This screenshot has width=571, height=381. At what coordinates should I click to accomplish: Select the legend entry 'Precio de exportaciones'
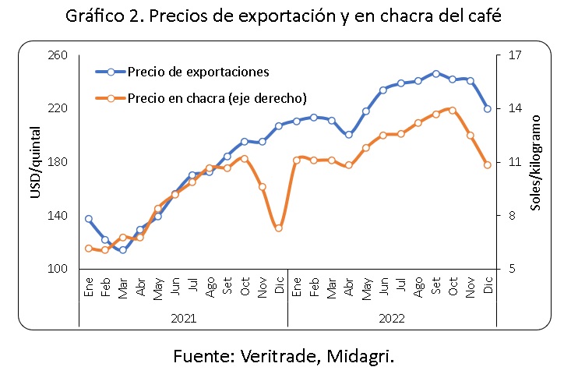tap(198, 72)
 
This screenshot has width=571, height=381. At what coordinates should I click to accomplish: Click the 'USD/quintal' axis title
tap(35, 162)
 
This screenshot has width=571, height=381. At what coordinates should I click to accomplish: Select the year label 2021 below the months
tap(184, 319)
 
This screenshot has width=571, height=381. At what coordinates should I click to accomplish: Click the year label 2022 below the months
tap(392, 319)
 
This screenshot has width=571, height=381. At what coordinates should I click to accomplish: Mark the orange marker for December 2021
tap(278, 228)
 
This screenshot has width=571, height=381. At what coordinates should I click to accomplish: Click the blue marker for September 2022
tap(435, 73)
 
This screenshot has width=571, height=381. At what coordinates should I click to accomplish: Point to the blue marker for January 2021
tap(88, 219)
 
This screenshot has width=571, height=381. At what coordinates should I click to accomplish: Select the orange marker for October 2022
tap(453, 110)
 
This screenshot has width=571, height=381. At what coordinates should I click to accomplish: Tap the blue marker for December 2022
tap(488, 109)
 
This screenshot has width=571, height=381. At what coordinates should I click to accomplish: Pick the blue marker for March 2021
tap(123, 250)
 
